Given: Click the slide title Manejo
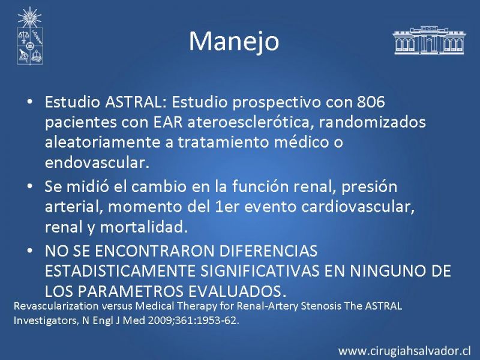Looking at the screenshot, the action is pyautogui.click(x=234, y=41).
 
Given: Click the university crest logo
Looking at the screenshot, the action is pyautogui.click(x=30, y=36).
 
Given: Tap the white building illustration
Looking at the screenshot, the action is pyautogui.click(x=429, y=40).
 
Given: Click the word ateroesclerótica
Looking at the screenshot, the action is pyautogui.click(x=253, y=122).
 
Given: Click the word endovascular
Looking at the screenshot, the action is pyautogui.click(x=97, y=163).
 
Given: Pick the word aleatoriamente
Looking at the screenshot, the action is pyautogui.click(x=103, y=142).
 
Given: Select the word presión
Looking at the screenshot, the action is pyautogui.click(x=369, y=187).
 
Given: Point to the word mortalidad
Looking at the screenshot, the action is pyautogui.click(x=143, y=227).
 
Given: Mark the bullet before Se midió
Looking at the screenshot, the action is pyautogui.click(x=29, y=186).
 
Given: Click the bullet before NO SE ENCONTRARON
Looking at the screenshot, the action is pyautogui.click(x=29, y=251).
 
